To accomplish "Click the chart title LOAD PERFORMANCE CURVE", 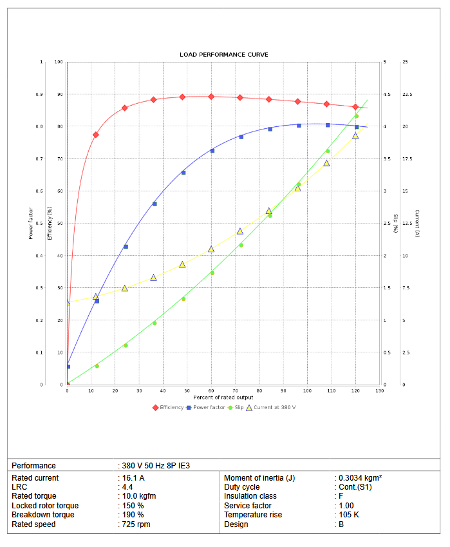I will click(224, 55).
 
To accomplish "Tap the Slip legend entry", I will click(236, 407).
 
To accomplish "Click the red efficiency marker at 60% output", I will click(211, 97).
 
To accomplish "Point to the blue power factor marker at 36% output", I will click(155, 204).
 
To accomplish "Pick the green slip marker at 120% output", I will click(356, 116).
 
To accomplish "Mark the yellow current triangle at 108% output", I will click(326, 163).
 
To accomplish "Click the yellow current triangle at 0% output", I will click(68, 302).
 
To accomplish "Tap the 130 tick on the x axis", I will click(380, 391).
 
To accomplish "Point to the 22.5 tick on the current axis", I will click(407, 95).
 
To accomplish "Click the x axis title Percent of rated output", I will click(223, 398).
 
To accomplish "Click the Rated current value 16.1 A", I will click(133, 478).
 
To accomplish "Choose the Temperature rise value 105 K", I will click(349, 515).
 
